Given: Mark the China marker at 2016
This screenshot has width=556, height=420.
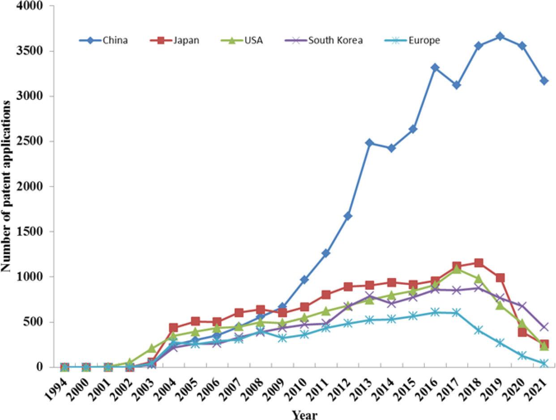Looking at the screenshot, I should pos(435,68).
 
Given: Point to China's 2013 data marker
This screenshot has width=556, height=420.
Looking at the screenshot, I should pos(369,143).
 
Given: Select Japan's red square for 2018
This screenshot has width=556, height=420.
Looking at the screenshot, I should pos(479,263).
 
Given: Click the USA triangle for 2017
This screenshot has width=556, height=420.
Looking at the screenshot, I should pos(457,269).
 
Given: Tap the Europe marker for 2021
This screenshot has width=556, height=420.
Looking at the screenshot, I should pos(544,364).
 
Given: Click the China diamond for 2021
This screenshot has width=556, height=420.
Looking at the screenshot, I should pos(544,81).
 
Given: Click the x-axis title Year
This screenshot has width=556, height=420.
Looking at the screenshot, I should pos(305,415).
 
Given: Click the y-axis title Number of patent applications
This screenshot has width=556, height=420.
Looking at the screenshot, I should pos(6,186).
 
